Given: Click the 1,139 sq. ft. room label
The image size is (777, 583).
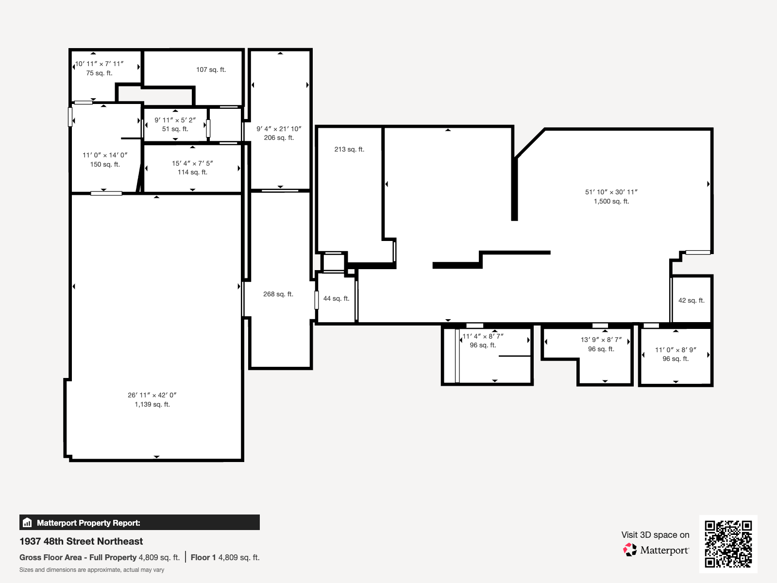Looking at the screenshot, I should click(152, 404).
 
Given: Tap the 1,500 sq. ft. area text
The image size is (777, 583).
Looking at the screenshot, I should click(611, 201).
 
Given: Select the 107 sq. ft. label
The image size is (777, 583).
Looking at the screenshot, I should click(211, 69).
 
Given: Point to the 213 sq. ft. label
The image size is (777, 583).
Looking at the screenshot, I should click(349, 149).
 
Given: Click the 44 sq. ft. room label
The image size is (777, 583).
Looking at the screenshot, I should click(336, 298).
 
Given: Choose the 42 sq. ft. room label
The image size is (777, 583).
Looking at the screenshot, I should click(691, 300).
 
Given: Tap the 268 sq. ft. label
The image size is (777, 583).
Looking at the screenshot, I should click(278, 294).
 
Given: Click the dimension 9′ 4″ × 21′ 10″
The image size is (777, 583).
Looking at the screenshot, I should click(279, 129).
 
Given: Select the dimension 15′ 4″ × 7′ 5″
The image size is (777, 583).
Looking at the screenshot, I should click(192, 163).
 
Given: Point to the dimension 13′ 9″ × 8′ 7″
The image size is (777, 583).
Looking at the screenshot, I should click(601, 340).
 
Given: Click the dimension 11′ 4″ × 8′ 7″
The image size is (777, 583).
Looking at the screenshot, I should click(483, 336).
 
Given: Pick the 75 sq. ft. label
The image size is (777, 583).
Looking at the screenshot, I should click(99, 73).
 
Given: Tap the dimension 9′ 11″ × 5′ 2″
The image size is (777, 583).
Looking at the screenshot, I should click(175, 120).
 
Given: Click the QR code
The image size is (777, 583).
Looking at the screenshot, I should click(728, 544).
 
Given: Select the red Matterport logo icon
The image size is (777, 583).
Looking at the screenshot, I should click(630, 550).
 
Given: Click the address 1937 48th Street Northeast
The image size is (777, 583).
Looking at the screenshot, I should click(81, 541).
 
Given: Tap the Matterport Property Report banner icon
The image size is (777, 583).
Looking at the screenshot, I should click(27, 523).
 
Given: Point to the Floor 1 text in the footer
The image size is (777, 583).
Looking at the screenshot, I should click(203, 557).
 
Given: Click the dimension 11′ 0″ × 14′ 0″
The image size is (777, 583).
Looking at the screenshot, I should click(105, 155).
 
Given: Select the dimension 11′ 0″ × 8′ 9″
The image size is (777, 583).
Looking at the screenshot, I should click(676, 350).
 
